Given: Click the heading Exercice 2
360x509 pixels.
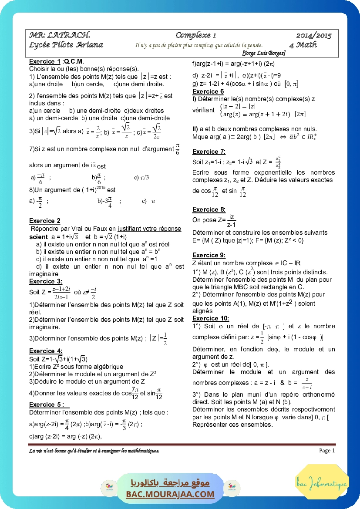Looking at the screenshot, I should [45, 221].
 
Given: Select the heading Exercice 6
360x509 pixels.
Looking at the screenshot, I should [208, 91].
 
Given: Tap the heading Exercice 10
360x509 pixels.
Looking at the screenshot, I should [211, 318].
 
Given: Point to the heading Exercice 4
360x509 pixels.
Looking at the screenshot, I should [46, 351].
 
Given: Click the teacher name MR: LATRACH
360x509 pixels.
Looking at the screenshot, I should [60, 35].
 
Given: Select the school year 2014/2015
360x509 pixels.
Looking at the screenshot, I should [314, 36].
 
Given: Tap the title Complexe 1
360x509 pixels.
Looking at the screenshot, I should [195, 35].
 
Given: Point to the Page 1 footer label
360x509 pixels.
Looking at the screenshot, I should [327, 451].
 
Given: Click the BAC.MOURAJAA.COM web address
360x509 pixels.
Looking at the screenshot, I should [170, 494].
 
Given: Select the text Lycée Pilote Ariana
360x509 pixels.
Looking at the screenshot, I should [66, 45].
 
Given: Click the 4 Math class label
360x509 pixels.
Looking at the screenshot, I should [303, 45].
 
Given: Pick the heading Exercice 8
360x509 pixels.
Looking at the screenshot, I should [209, 209].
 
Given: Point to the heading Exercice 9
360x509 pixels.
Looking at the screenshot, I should [209, 255].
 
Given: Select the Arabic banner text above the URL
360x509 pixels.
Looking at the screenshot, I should [170, 483].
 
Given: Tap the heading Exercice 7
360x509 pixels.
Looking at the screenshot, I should [209, 152].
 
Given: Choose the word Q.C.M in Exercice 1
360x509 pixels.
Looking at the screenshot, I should [74, 61].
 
